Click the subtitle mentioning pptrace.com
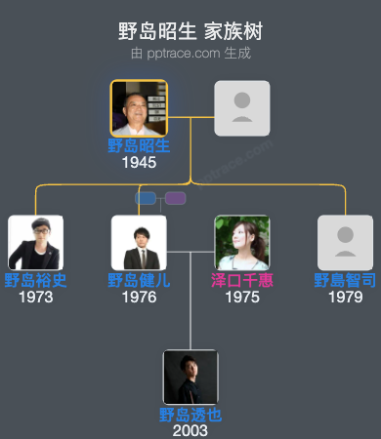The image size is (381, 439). coord(190,53)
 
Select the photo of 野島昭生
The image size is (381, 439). coord(139,107)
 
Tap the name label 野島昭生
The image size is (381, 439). coord(139,146)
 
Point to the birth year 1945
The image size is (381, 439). coord(139,163)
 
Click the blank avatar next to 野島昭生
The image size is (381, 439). coord(242,107)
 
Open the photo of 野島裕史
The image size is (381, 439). coord(35,243)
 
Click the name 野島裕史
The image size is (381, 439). coord(35,281)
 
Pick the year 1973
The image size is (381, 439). coord(35,297)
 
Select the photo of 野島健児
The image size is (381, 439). coord(139,243)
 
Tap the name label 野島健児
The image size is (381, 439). coord(139,281)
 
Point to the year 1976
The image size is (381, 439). coord(139,297)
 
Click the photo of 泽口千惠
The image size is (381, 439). coord(242,243)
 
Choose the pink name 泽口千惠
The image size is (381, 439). coord(242,281)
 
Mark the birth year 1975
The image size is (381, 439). coord(242,297)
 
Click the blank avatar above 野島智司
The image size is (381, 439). coord(345,243)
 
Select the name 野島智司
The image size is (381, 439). coord(345,281)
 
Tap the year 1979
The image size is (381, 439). coord(345,297)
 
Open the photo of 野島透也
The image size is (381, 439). coord(190,377)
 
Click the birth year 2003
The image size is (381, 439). coord(190,430)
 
